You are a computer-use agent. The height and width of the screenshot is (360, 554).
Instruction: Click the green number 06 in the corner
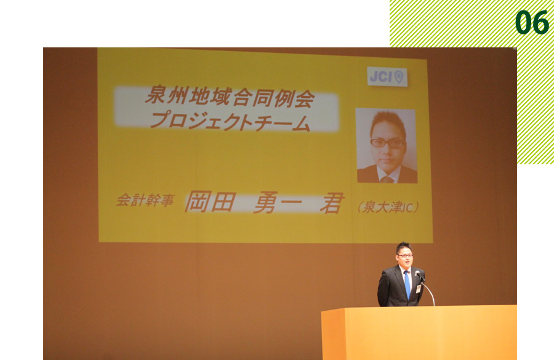pyautogui.click(x=532, y=23)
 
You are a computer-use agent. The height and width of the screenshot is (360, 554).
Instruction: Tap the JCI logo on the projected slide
pyautogui.click(x=387, y=77)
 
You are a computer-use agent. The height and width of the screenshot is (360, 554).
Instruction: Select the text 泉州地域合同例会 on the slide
pyautogui.click(x=230, y=96)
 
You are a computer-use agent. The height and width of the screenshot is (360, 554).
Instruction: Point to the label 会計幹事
pyautogui.click(x=145, y=201)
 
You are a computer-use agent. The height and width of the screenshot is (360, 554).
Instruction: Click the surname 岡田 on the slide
pyautogui.click(x=210, y=202)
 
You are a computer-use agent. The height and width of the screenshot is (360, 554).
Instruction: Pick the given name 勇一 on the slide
pyautogui.click(x=278, y=202)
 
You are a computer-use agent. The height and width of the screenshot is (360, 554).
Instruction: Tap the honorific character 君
pyautogui.click(x=331, y=203)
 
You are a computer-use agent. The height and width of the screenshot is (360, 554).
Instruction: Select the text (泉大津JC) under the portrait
pyautogui.click(x=388, y=207)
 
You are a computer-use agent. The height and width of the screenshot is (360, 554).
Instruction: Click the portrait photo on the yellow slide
pyautogui.click(x=387, y=146)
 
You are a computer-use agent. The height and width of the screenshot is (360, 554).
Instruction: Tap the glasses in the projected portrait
pyautogui.click(x=387, y=143)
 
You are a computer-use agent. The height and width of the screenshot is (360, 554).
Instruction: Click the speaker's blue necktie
pyautogui.click(x=407, y=284)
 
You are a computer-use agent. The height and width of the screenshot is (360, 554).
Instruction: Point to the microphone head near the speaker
pyautogui.click(x=417, y=273)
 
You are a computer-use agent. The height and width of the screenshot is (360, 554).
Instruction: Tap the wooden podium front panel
pyautogui.click(x=419, y=333)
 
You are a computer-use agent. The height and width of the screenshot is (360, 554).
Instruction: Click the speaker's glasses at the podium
pyautogui.click(x=405, y=255)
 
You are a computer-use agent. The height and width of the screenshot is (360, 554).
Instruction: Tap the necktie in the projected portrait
pyautogui.click(x=387, y=180)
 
